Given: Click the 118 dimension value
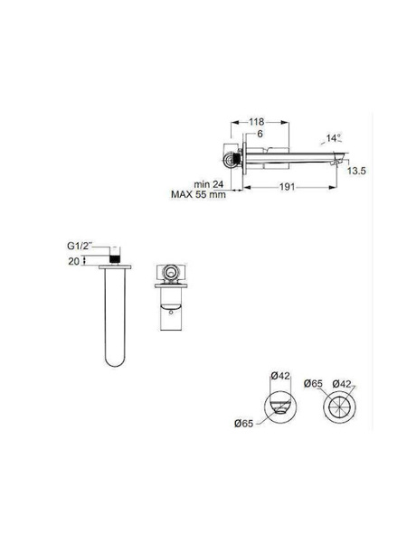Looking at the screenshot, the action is click(x=257, y=122).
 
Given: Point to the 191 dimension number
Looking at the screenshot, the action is click(x=287, y=187).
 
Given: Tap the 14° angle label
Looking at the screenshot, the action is click(x=334, y=138).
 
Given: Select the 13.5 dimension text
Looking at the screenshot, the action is click(x=356, y=171).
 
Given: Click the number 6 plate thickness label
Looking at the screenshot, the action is click(x=260, y=134).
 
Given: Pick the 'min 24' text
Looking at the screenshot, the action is click(x=209, y=184).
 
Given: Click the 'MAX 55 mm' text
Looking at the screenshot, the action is click(x=198, y=194).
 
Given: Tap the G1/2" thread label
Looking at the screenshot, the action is click(x=80, y=246).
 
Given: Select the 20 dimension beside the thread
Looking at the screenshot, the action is click(x=74, y=261).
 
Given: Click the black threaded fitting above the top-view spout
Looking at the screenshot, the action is click(x=115, y=259).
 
